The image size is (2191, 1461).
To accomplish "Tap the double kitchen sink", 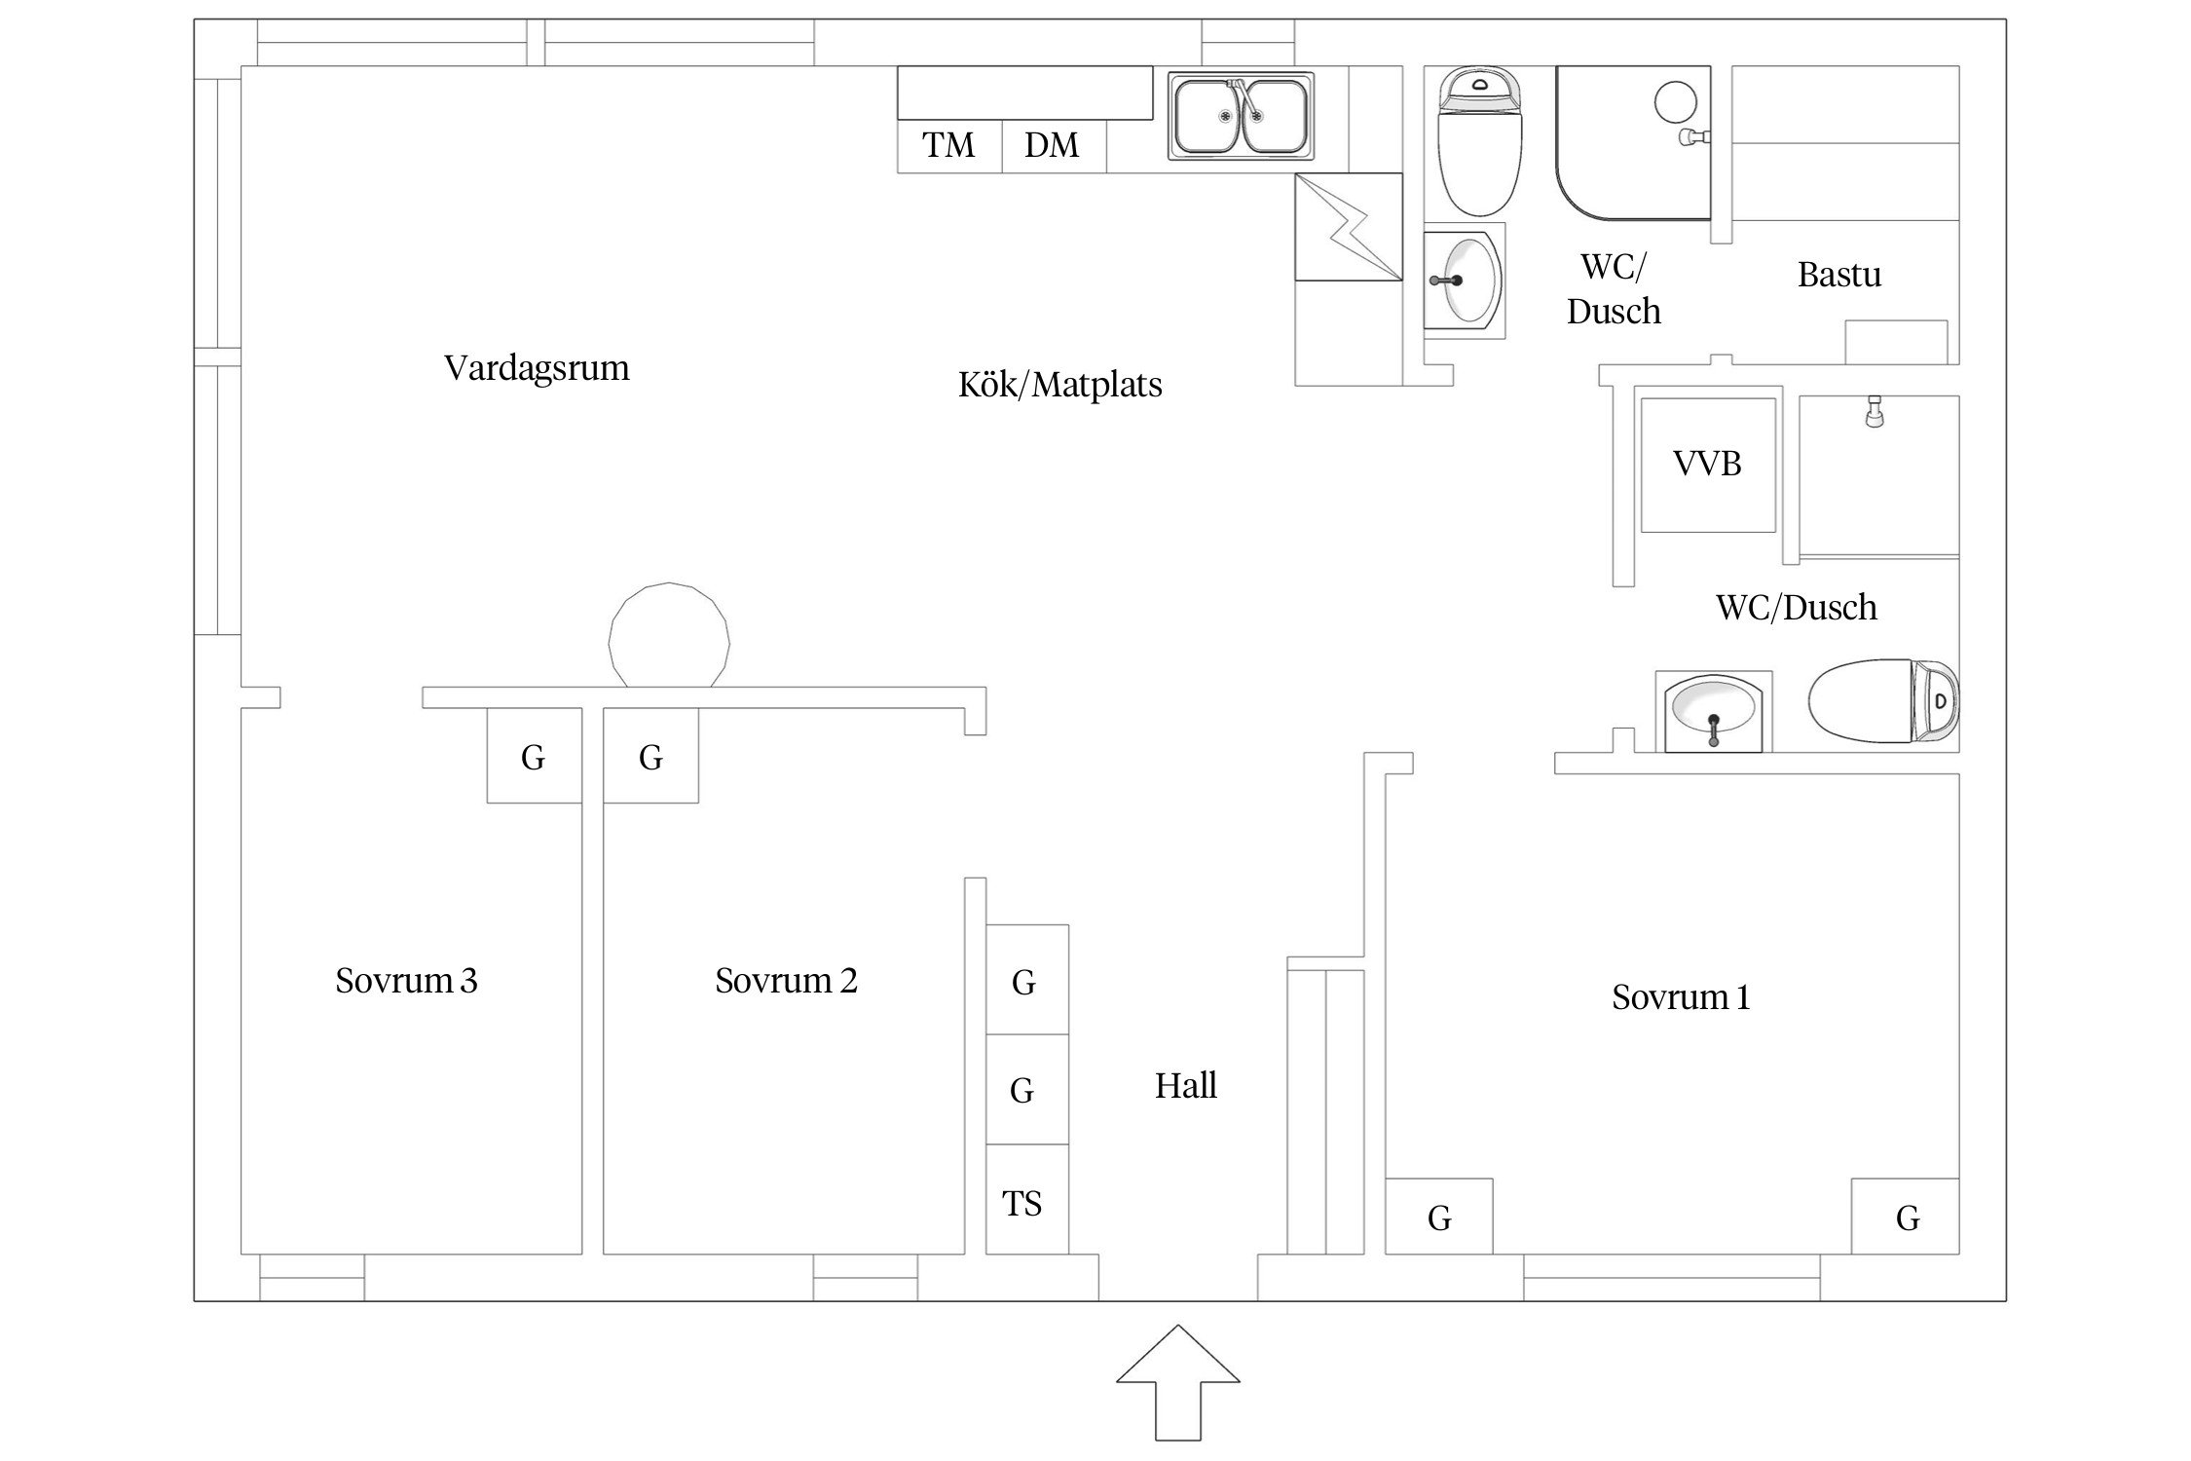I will pyautogui.click(x=1241, y=117).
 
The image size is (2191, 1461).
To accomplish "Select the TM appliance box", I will pyautogui.click(x=949, y=146).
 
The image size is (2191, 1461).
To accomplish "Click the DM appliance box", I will pyautogui.click(x=1053, y=146).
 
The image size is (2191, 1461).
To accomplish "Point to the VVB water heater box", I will pyautogui.click(x=1708, y=465).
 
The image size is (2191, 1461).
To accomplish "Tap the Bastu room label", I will pyautogui.click(x=1838, y=276).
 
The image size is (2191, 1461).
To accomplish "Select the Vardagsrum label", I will pyautogui.click(x=537, y=368).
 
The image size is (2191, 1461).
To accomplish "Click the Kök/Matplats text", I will pyautogui.click(x=1059, y=386).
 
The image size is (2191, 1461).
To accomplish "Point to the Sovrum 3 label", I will pyautogui.click(x=406, y=981).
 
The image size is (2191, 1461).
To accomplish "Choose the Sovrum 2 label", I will pyautogui.click(x=786, y=981).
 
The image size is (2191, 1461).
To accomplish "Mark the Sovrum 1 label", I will pyautogui.click(x=1681, y=997).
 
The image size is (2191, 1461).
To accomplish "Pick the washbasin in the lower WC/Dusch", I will pyautogui.click(x=1713, y=712).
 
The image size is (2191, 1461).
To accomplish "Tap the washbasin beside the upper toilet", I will pyautogui.click(x=1465, y=281).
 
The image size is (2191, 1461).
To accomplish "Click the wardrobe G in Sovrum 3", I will pyautogui.click(x=534, y=757).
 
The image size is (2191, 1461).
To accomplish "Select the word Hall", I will pyautogui.click(x=1185, y=1086).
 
